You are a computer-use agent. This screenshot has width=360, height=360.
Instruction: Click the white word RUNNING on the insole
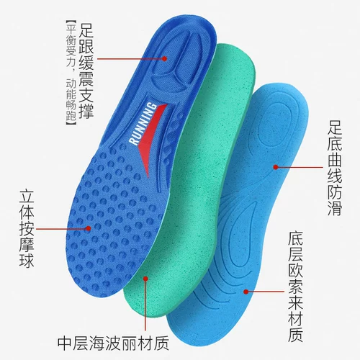[x=143, y=124]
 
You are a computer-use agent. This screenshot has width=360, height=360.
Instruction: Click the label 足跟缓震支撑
[x=86, y=71]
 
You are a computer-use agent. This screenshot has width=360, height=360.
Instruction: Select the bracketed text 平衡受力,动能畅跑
[x=71, y=73]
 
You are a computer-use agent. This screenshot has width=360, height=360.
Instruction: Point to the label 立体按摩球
[x=27, y=229]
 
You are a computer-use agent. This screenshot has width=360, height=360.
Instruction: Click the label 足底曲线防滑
[x=335, y=168]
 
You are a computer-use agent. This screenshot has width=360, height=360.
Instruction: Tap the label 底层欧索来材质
[x=295, y=287]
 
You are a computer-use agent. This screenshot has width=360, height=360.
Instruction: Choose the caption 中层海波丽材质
[x=113, y=344]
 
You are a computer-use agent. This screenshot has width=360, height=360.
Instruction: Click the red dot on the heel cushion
[x=164, y=58]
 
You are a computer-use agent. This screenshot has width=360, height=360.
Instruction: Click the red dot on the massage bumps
[x=89, y=228]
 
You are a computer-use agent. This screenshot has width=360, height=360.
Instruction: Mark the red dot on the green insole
[x=145, y=279]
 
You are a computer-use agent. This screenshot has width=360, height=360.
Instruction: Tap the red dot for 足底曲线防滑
[x=276, y=167]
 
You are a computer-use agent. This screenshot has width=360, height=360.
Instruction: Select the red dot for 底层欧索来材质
[x=246, y=292]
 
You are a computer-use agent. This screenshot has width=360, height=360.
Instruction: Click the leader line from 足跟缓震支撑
[x=131, y=59]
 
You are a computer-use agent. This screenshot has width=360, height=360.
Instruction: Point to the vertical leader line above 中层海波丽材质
[x=145, y=305]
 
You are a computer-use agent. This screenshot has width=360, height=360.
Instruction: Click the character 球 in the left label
[x=27, y=261]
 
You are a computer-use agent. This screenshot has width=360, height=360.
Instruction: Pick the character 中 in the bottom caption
[x=65, y=344]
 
